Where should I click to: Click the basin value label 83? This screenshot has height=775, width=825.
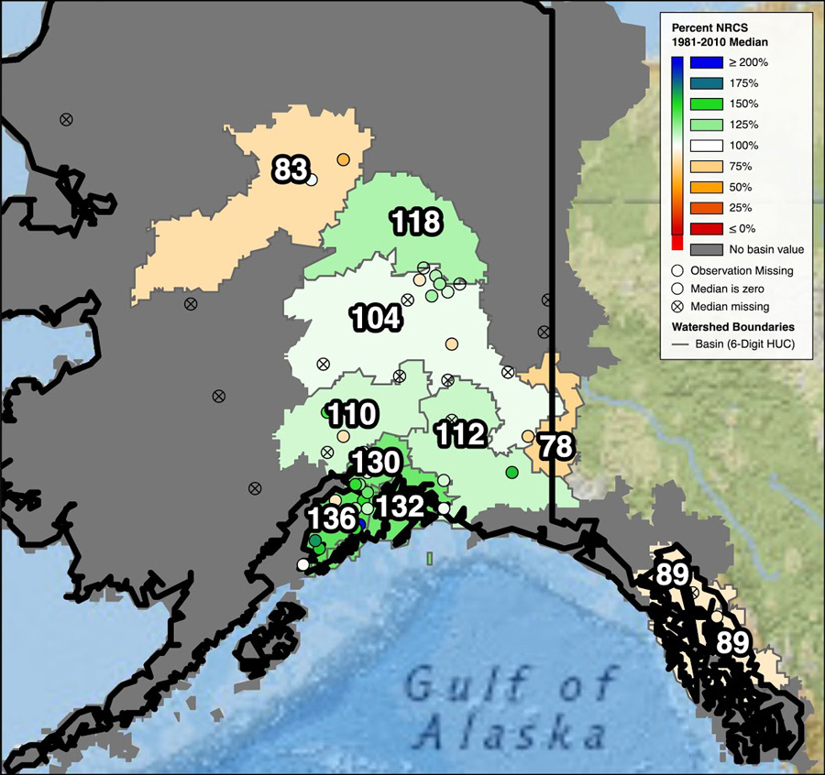coord(291,169)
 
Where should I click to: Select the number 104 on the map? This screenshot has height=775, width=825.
coord(376,318)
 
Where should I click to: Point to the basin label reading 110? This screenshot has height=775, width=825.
coord(352,414)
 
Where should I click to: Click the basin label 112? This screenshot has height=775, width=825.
coord(460,434)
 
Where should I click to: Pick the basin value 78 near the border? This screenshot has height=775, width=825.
coord(555,447)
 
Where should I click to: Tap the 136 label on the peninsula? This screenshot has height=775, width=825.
coord(331,518)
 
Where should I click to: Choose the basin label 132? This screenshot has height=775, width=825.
coord(400,506)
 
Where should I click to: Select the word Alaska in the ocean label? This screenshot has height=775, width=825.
coord(511,733)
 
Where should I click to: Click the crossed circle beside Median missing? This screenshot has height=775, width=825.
coord(677,306)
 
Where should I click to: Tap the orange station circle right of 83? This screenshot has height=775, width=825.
coord(343,159)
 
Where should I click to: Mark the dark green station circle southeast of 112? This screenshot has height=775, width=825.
coord(511,471)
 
